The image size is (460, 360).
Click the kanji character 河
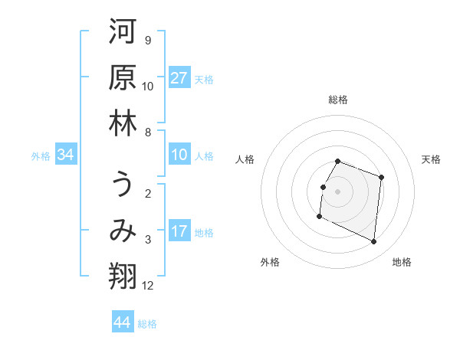point(123,31)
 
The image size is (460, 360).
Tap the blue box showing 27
point(179,78)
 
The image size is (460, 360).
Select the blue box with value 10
point(179,155)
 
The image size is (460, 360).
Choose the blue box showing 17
point(179,231)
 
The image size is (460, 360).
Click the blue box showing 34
point(66,155)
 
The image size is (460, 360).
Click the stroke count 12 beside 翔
point(148,286)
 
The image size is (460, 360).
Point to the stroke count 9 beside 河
point(147,41)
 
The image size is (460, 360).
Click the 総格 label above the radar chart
point(338,100)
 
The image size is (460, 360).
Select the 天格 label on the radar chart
point(431,159)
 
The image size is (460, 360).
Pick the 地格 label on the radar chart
point(402,262)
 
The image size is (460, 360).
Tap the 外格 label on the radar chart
point(270,262)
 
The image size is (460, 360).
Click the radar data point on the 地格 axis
point(374,242)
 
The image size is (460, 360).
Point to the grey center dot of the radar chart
point(338,191)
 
